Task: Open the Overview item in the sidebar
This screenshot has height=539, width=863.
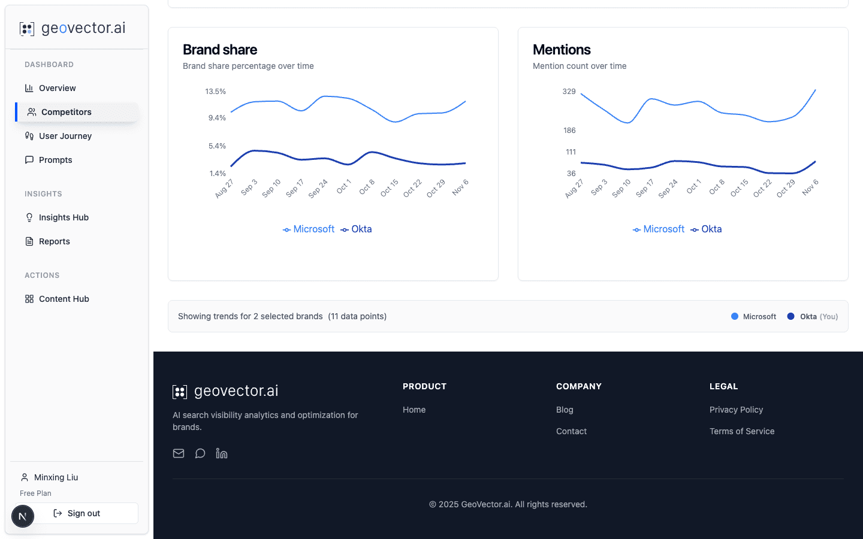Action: click(x=57, y=88)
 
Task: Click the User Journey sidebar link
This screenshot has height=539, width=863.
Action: click(x=65, y=136)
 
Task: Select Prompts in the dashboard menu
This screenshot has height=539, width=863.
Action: click(x=55, y=160)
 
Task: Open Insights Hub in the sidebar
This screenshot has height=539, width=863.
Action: click(x=64, y=217)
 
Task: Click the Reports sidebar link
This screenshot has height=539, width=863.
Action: click(x=54, y=241)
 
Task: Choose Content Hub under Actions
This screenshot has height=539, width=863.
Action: click(x=64, y=299)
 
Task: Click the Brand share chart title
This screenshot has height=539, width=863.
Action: click(x=220, y=50)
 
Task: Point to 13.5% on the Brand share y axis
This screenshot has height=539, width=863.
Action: click(x=215, y=92)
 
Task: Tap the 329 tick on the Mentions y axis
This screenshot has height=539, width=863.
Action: click(x=569, y=92)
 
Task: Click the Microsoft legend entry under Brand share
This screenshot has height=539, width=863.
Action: click(x=309, y=229)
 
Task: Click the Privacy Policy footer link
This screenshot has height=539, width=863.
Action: click(x=736, y=410)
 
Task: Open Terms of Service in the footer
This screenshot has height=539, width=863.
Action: click(x=742, y=431)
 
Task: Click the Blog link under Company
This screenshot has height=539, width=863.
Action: click(x=565, y=410)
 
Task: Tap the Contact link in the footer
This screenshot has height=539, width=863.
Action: click(x=571, y=431)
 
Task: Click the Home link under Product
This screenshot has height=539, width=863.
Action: click(x=414, y=410)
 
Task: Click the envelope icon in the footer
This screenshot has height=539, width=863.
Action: click(x=179, y=453)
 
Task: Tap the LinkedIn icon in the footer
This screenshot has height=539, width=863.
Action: click(x=222, y=453)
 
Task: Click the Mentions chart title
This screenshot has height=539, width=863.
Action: click(x=562, y=50)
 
